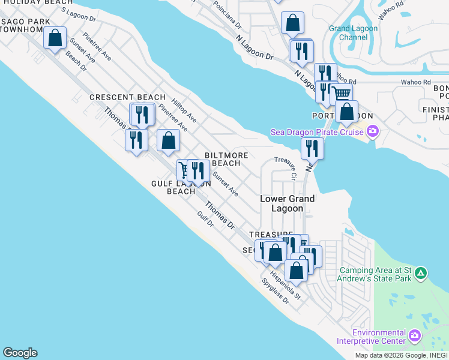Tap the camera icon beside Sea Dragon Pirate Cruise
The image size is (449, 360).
pyautogui.click(x=373, y=131)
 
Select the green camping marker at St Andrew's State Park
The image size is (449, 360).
pyautogui.click(x=421, y=274)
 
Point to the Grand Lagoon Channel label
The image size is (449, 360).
pyautogui.click(x=354, y=32)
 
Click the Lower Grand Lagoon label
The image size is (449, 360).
pyautogui.click(x=287, y=203)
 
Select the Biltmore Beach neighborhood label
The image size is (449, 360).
pyautogui.click(x=226, y=159)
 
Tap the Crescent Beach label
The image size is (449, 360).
pyautogui.click(x=127, y=97)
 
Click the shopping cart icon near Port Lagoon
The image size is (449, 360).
pyautogui.click(x=341, y=94)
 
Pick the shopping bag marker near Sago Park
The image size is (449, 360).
pyautogui.click(x=55, y=38)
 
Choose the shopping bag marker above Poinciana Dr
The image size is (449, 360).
pyautogui.click(x=292, y=23)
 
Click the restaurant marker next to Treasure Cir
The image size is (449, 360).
pyautogui.click(x=312, y=148)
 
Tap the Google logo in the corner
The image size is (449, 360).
pyautogui.click(x=20, y=353)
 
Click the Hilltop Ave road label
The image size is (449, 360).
pyautogui.click(x=184, y=112)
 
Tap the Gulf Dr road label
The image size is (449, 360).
pyautogui.click(x=205, y=218)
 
